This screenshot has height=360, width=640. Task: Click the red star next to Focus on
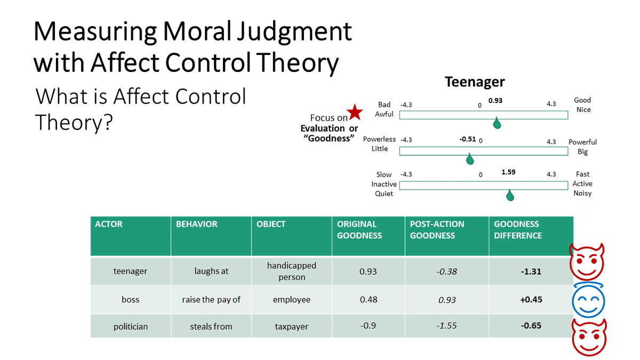pos(355,113)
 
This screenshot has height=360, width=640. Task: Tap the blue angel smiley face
pos(588,299)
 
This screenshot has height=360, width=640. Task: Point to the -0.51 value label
pos(467,139)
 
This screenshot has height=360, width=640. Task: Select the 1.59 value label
pos(508,172)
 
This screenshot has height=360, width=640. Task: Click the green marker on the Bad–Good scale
pos(497,124)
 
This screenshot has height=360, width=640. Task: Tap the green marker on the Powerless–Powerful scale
pos(470,159)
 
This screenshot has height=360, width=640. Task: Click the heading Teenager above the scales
pos(475,82)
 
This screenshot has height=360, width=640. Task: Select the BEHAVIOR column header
pos(197,224)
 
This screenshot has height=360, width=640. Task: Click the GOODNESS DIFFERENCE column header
pos(517,230)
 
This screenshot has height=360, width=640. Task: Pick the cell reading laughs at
pos(211,271)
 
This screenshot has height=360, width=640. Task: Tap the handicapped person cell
pos(292,271)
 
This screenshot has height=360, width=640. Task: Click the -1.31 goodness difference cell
pos(531,271)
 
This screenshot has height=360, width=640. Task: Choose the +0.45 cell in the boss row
pos(531,299)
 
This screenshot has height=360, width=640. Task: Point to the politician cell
pos(130,326)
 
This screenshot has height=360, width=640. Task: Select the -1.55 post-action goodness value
pos(447,325)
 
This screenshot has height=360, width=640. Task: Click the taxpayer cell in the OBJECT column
pos(292,326)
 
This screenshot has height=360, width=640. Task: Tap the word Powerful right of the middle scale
pos(582,142)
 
